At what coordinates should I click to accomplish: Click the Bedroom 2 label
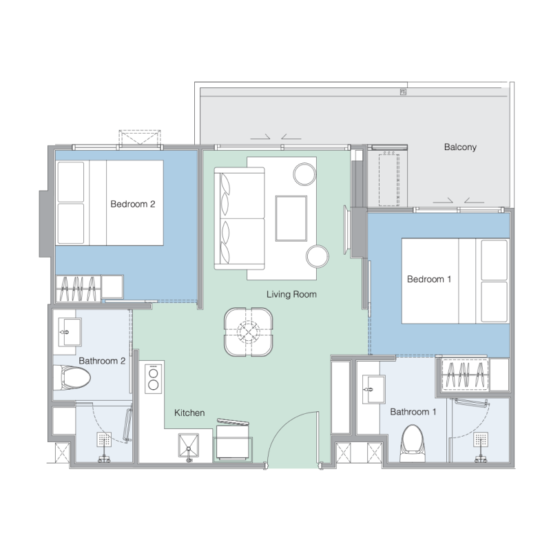133,204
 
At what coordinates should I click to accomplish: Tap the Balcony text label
460,147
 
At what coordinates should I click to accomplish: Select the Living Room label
291,294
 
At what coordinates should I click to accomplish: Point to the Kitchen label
189,413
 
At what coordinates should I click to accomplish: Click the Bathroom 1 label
413,411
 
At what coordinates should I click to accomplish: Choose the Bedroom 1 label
429,280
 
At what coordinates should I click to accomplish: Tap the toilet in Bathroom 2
72,377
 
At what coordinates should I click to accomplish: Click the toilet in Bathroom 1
413,444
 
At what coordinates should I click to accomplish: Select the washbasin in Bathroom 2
70,332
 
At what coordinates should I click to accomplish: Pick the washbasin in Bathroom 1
373,389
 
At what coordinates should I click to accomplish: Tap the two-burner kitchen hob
154,378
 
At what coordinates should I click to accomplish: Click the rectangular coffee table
291,218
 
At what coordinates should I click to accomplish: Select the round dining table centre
249,332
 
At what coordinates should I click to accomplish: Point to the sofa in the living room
239,218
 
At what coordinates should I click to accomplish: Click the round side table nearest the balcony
304,174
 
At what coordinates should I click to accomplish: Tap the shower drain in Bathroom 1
480,439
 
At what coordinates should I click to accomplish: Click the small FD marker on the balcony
403,92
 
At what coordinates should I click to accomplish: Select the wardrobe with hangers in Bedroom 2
78,289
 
